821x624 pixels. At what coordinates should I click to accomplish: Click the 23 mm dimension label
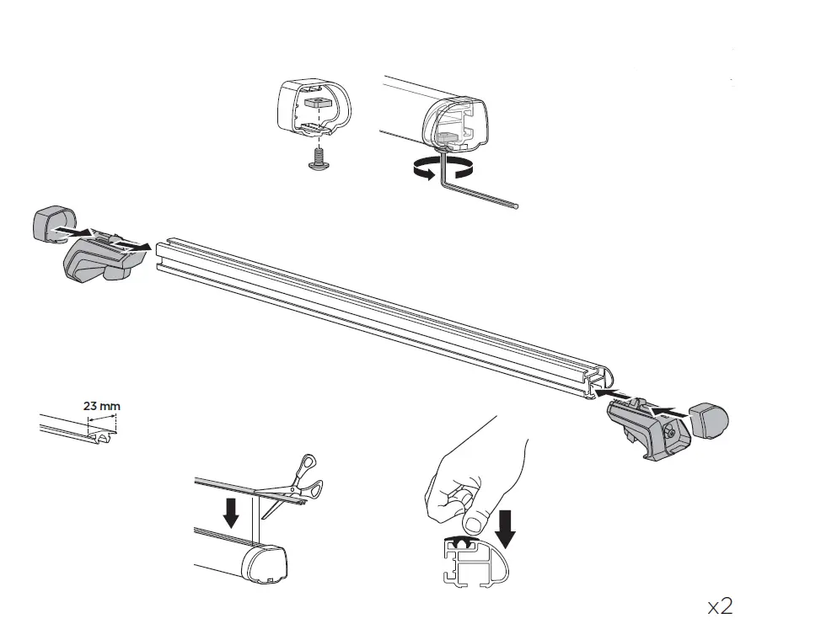coord(101,406)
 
